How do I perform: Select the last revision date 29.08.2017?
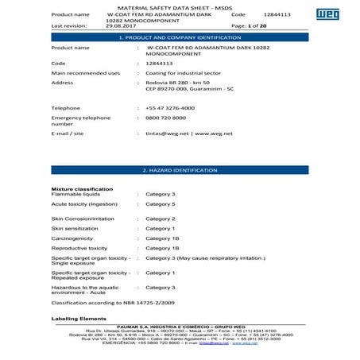pos(121,25)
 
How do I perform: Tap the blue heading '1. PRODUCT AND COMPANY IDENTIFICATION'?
pos(180,37)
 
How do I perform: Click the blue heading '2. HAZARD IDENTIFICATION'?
pos(180,170)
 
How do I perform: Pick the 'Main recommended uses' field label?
pos(85,73)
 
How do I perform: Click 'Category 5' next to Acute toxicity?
pos(161,204)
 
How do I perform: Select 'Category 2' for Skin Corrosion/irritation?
pos(161,218)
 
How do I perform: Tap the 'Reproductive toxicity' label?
pos(79,248)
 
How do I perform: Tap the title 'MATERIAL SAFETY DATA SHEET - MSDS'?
pos(179,6)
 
